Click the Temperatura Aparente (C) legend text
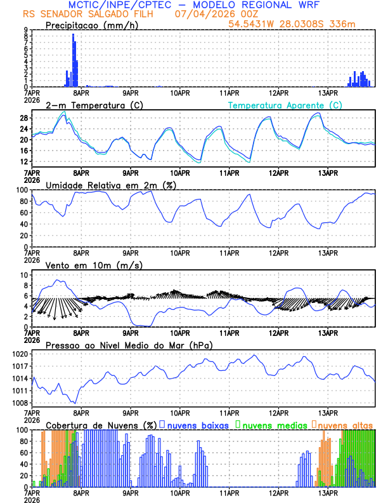point(285,105)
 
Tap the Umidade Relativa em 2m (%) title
point(110,185)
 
